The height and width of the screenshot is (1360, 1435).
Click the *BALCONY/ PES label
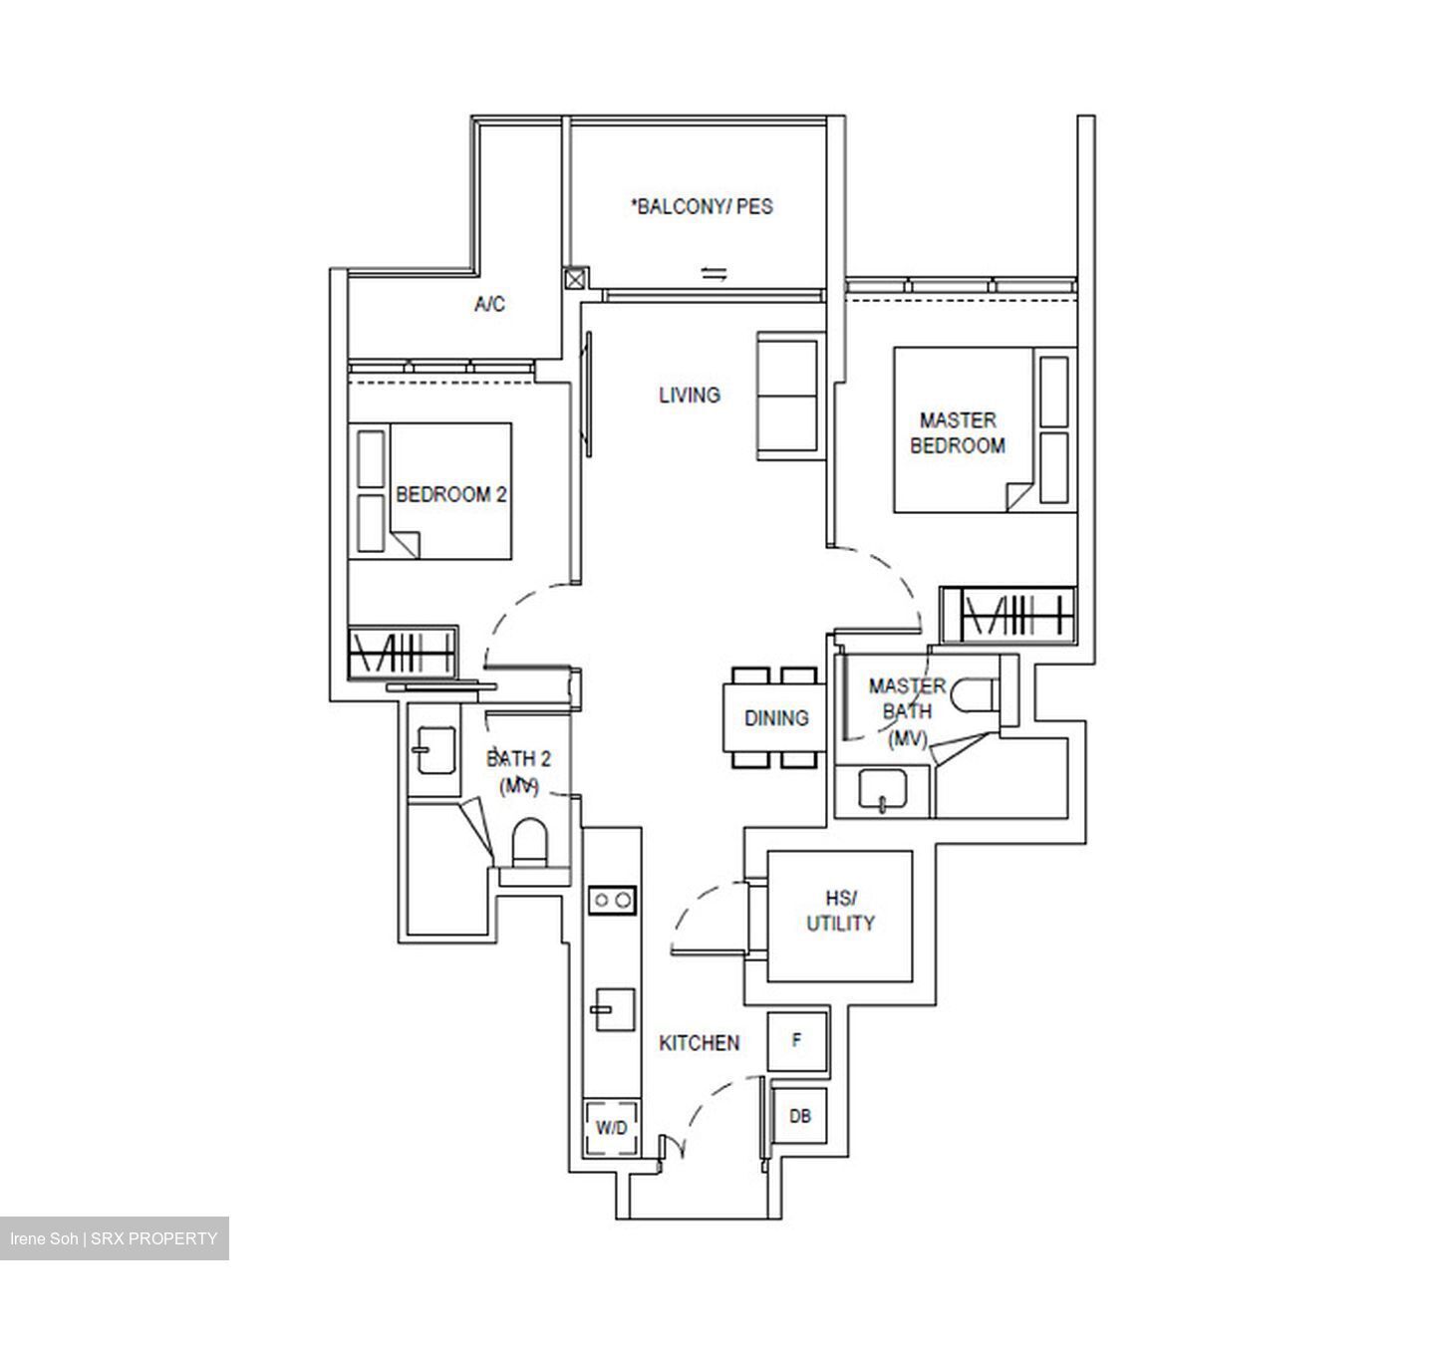(702, 207)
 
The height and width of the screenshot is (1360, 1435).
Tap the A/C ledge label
(489, 305)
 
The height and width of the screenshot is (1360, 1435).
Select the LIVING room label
(689, 395)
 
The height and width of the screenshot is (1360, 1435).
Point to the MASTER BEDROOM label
(957, 433)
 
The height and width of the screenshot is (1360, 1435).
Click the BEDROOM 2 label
(451, 494)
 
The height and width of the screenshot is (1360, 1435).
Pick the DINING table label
(775, 717)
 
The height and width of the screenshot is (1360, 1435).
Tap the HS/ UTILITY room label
(840, 912)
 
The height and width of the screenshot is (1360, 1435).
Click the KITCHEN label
(700, 1043)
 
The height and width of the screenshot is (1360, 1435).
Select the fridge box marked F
(797, 1041)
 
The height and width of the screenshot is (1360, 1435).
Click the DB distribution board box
(800, 1117)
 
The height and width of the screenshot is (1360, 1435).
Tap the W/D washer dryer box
(612, 1128)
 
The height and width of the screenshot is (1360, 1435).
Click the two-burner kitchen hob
(612, 901)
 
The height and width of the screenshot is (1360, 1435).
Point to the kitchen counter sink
(614, 1009)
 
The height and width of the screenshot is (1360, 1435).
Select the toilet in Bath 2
(529, 843)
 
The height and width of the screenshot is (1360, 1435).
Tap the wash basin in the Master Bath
(882, 790)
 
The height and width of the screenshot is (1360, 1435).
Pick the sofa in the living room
(788, 397)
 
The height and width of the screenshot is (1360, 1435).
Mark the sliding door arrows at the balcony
(714, 273)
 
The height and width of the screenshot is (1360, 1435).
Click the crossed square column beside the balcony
(575, 279)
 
